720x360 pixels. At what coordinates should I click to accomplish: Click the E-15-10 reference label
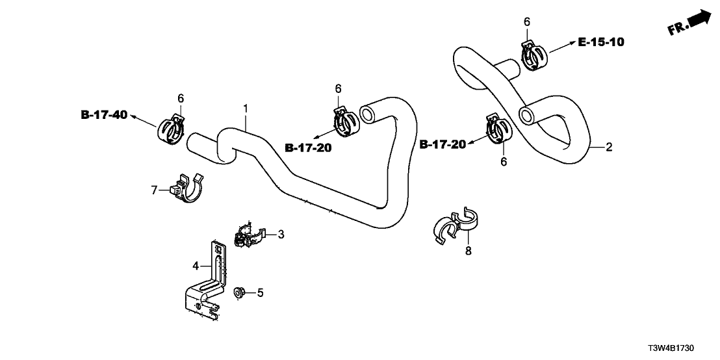tap(601, 43)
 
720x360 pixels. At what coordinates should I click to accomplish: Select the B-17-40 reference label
tap(104, 115)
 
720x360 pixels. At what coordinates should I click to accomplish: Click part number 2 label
tap(609, 148)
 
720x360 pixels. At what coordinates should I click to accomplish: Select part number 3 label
tap(281, 234)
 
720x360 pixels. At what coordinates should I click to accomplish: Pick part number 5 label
tap(260, 293)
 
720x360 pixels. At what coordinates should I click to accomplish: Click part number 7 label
tap(155, 190)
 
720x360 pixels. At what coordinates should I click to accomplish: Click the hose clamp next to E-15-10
tap(533, 56)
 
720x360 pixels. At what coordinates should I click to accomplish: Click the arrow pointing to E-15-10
tap(560, 47)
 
